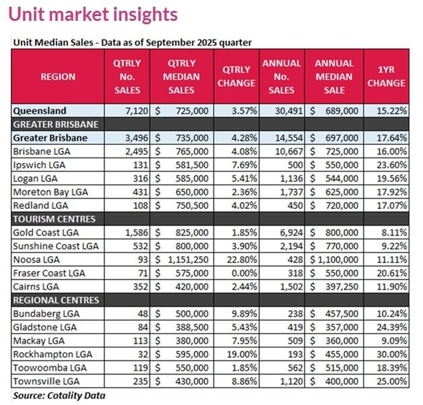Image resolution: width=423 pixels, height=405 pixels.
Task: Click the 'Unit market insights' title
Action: pyautogui.click(x=95, y=14)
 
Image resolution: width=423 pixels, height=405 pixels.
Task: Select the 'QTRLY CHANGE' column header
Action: pyautogui.click(x=238, y=77)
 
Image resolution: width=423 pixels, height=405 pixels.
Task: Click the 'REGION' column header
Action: pyautogui.click(x=58, y=77)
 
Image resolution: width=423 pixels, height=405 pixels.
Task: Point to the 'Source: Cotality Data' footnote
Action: pyautogui.click(x=59, y=396)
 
